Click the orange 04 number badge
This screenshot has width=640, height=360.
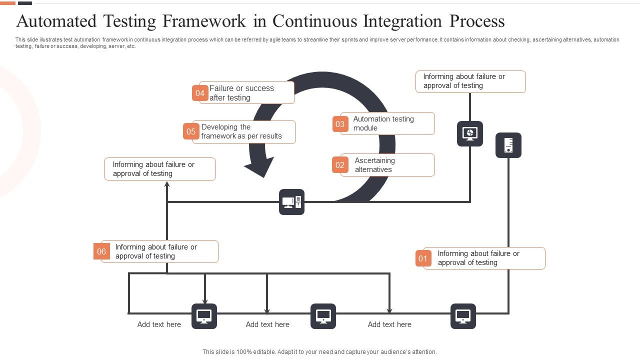(x=200, y=93)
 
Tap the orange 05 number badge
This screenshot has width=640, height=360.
(x=191, y=131)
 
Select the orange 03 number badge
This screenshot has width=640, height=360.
(x=340, y=124)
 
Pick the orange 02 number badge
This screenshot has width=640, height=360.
(x=340, y=165)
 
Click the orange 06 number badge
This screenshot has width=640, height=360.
(x=101, y=251)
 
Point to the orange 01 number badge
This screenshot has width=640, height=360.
(x=423, y=258)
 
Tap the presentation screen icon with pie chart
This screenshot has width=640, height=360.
(x=470, y=133)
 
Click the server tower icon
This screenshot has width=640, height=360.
(x=508, y=145)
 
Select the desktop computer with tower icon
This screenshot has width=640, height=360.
(x=291, y=202)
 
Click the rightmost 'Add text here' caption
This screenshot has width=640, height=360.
(x=389, y=324)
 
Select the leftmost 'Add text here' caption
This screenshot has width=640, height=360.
(x=159, y=324)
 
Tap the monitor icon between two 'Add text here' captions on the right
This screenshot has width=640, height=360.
(x=323, y=316)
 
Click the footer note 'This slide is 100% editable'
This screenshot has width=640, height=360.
(x=319, y=352)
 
